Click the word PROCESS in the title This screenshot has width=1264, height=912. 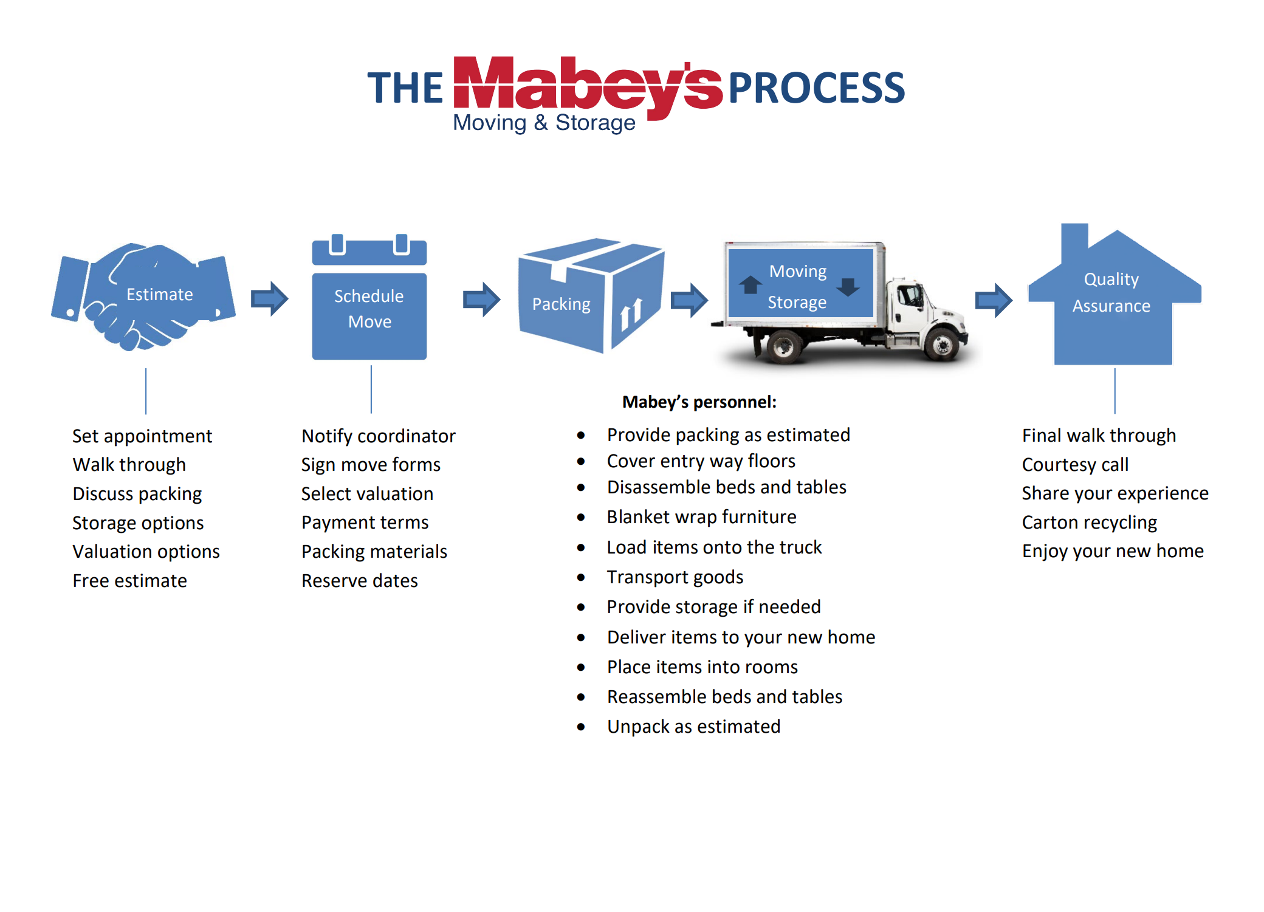[816, 88]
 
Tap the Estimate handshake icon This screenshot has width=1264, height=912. [144, 297]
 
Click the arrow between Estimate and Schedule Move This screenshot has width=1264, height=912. [269, 298]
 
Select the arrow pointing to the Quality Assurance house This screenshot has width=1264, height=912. [993, 300]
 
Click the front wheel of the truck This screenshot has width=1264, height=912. [942, 346]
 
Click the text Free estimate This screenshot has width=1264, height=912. [129, 581]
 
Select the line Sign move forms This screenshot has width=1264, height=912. [371, 465]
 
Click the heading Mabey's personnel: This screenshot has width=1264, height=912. [699, 402]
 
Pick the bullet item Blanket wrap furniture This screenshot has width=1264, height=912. [701, 517]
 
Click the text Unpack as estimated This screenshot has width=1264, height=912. [693, 727]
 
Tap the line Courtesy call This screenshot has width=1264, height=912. [1074, 465]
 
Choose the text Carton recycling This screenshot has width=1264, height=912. [1089, 523]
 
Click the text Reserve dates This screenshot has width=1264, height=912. [360, 581]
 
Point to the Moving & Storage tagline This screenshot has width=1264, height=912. [544, 123]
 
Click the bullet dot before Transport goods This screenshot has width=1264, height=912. [581, 577]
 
